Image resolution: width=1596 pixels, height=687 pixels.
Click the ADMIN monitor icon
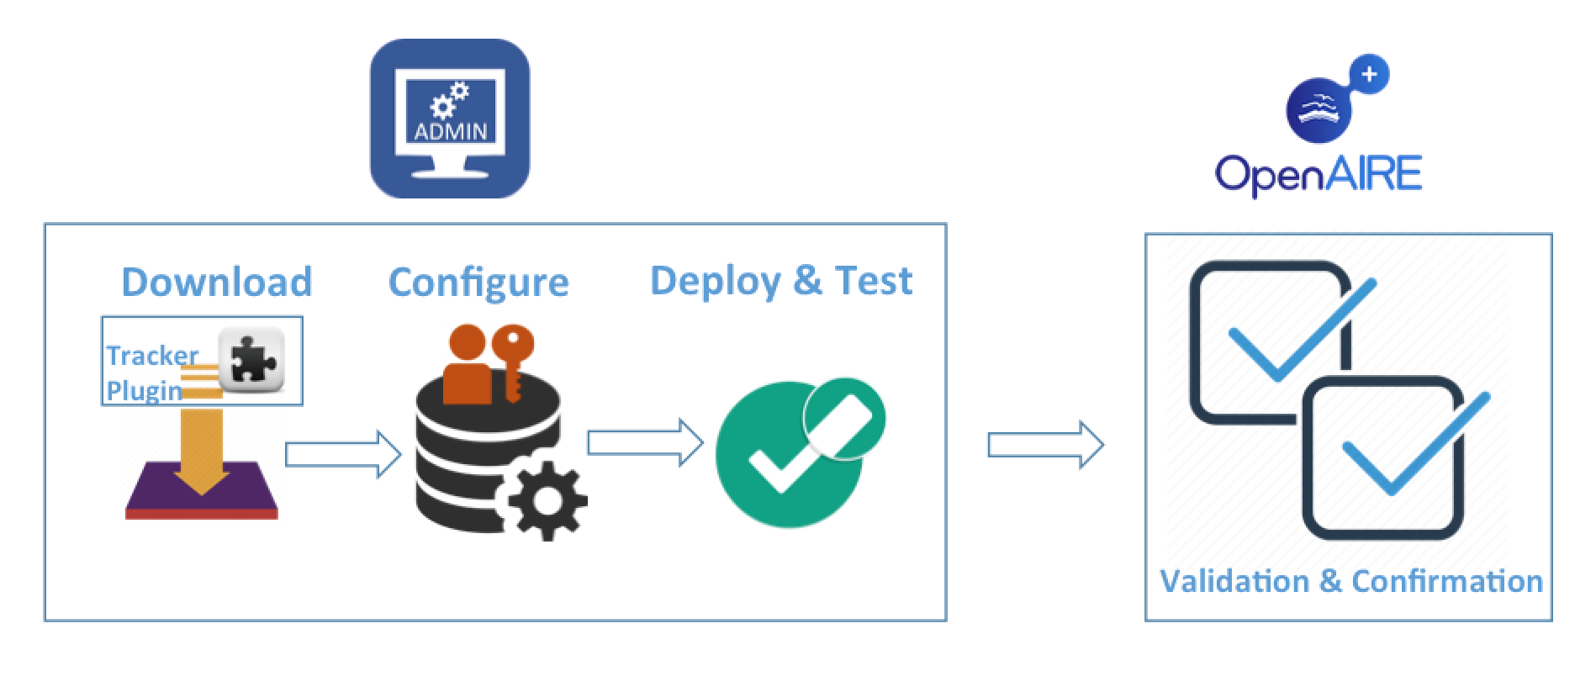point(450,119)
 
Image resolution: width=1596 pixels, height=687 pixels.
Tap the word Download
point(217,282)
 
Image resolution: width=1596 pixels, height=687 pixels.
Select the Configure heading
point(478,283)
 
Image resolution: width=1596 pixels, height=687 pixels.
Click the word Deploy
point(716,281)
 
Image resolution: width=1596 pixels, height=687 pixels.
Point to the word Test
point(874,281)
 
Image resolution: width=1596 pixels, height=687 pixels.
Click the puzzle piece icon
point(251,359)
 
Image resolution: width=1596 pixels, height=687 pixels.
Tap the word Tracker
point(152,356)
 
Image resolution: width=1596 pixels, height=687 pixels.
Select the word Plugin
point(144,391)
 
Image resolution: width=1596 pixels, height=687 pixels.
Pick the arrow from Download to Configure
point(343,454)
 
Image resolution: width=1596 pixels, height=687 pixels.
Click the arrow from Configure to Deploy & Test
point(645,442)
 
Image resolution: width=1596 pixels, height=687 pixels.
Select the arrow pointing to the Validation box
point(1045,445)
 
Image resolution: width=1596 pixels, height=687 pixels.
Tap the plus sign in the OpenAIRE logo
point(1369,74)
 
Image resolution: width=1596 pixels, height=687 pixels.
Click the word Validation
point(1234,581)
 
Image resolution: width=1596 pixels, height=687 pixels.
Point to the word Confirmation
point(1446,581)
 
